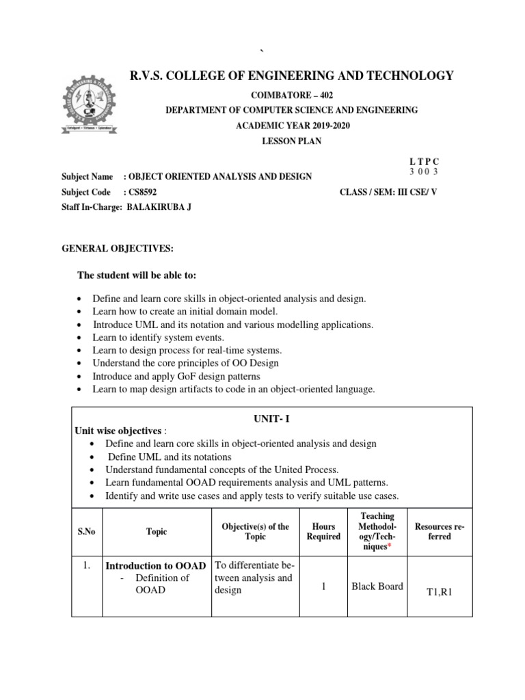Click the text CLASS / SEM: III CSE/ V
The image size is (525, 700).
[388, 192]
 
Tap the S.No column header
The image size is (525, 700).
[87, 531]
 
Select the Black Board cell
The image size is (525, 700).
[377, 585]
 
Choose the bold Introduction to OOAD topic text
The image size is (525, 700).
[157, 566]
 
